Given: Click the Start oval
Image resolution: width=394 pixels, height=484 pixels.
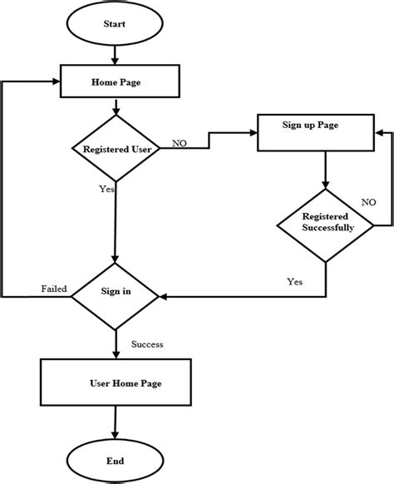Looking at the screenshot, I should coord(114,24).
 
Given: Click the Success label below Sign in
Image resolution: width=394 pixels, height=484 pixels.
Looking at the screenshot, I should coord(147,343).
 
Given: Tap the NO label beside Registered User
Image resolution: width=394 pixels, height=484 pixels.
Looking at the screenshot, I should coord(179,144).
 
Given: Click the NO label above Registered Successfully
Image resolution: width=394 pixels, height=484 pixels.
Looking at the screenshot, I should coord(368,202).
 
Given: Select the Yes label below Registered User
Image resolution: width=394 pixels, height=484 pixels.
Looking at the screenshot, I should coord(106,189).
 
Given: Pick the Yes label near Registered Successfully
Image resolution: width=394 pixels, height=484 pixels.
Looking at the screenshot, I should coord(294,281).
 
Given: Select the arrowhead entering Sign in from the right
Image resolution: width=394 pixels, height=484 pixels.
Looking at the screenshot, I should coord(165,294).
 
